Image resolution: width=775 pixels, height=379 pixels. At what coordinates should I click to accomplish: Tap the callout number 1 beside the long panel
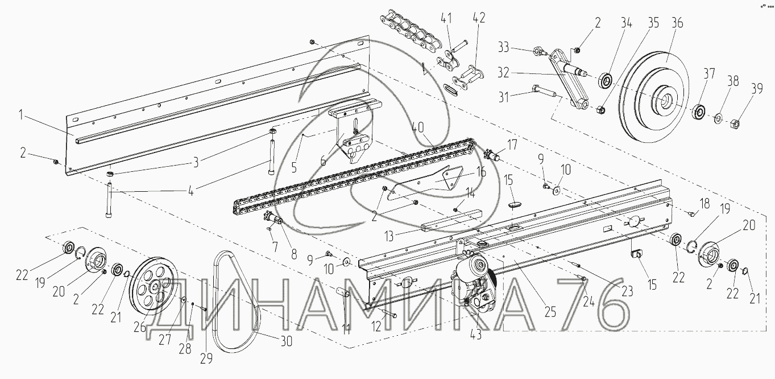(x=21, y=116)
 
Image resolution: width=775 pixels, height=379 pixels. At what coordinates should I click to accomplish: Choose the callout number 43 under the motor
(x=475, y=335)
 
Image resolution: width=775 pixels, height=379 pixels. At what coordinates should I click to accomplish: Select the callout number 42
(x=479, y=18)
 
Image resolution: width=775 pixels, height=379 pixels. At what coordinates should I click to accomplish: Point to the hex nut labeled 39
(x=733, y=121)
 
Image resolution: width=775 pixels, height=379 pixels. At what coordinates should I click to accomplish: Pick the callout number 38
(x=733, y=81)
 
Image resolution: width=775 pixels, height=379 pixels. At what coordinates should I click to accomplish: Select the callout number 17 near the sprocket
(x=513, y=145)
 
